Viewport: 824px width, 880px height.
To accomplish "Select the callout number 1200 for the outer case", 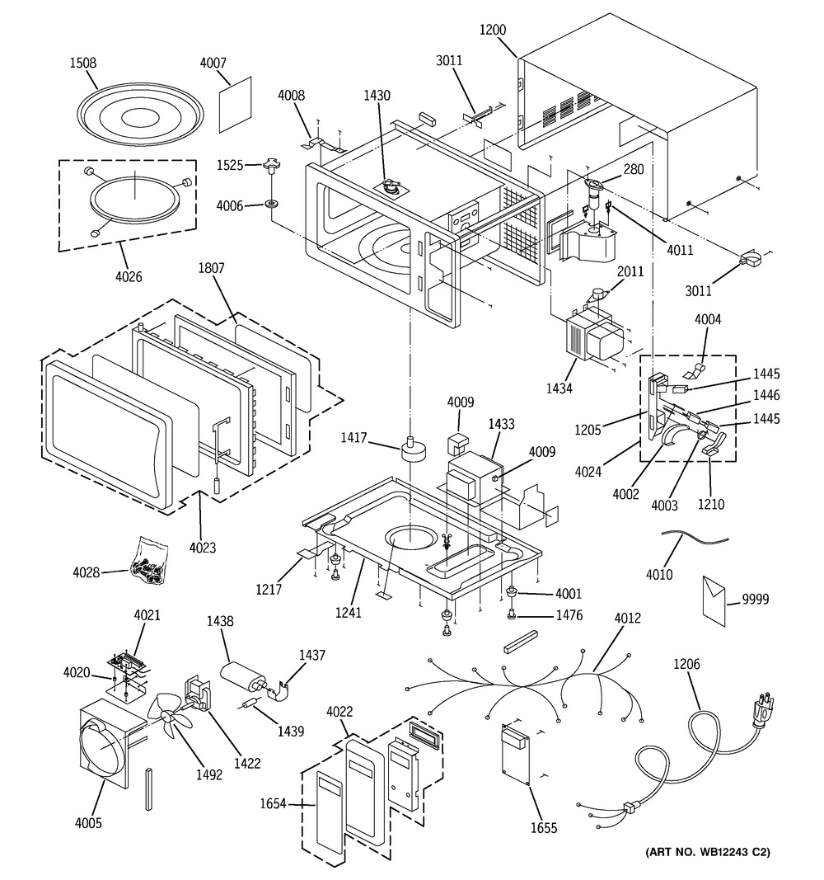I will [492, 30].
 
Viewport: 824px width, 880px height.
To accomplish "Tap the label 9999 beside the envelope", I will [755, 600].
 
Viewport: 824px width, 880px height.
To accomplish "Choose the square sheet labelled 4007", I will [236, 106].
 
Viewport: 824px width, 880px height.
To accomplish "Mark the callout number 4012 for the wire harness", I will [626, 618].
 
